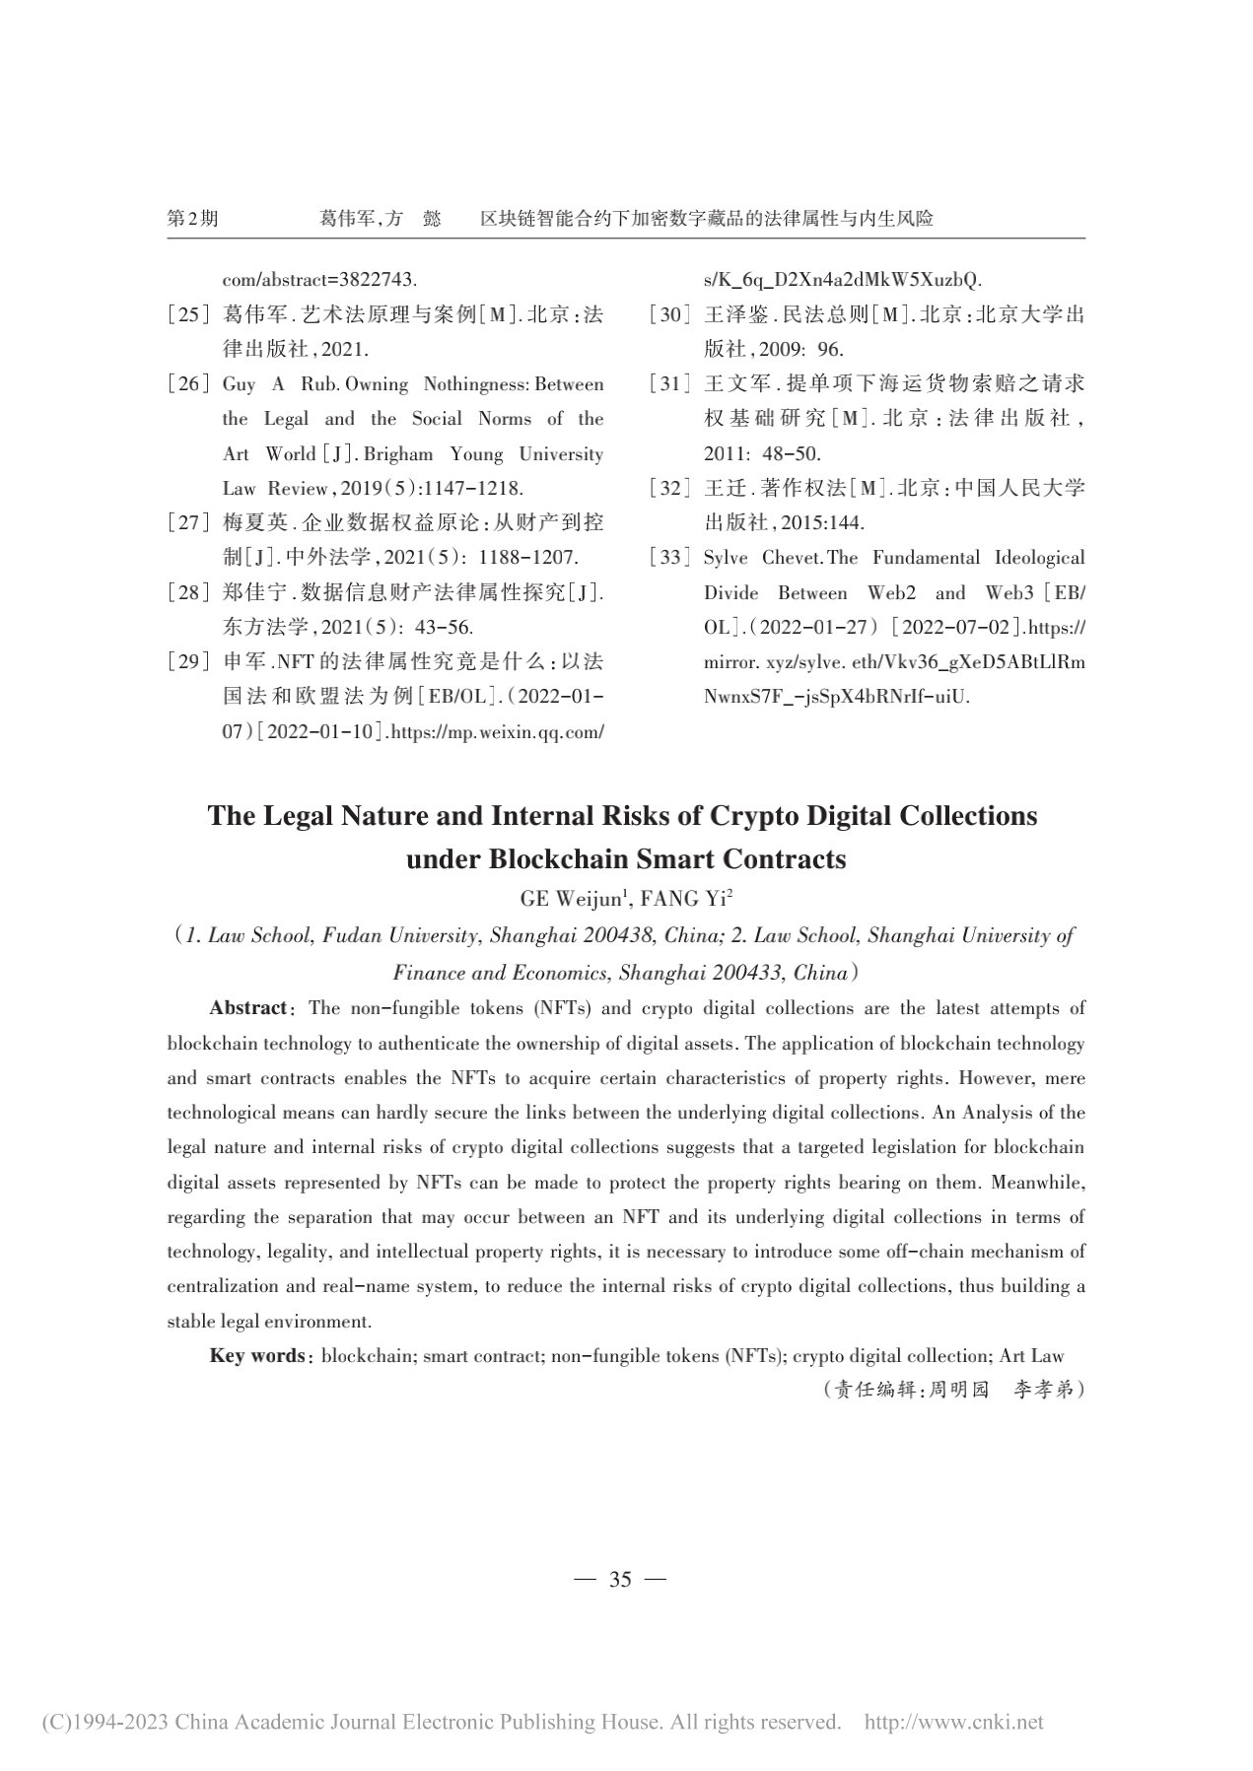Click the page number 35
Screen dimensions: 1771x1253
620,1579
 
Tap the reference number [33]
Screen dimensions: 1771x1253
668,558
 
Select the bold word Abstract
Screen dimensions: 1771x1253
247,1008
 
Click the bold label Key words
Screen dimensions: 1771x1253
257,1356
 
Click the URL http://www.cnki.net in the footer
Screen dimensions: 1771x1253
953,1723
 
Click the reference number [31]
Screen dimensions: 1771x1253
668,384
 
